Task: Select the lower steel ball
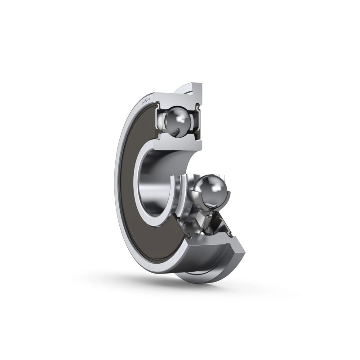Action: (212, 190)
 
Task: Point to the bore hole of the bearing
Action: (156, 181)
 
